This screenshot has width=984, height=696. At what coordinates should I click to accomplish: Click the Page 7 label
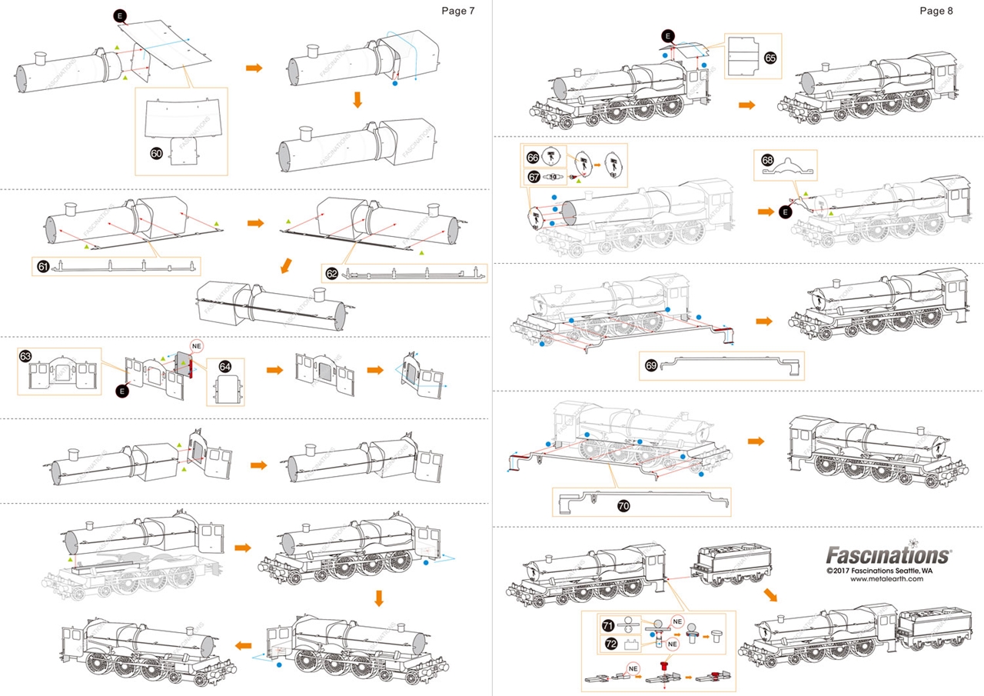click(x=457, y=11)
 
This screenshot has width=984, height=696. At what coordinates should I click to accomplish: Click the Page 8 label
click(x=936, y=11)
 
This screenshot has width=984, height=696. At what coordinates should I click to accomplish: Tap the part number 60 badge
click(x=156, y=154)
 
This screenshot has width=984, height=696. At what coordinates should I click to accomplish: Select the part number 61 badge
click(x=43, y=267)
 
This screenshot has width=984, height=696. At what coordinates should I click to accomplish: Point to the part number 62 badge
click(x=331, y=273)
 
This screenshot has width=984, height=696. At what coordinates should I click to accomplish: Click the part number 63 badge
click(x=25, y=356)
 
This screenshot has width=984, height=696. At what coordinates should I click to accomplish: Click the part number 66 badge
click(x=532, y=156)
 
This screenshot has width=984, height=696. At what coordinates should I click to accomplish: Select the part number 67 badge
click(x=532, y=176)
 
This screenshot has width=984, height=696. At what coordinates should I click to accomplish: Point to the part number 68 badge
click(x=766, y=160)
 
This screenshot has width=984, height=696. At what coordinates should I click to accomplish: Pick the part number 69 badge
click(x=651, y=366)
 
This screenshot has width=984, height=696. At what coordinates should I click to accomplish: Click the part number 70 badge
click(x=623, y=505)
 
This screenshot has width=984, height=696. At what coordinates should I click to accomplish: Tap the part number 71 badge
click(x=607, y=625)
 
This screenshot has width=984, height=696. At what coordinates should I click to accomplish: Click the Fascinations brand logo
click(x=888, y=554)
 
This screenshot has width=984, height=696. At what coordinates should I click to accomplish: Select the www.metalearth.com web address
click(x=886, y=580)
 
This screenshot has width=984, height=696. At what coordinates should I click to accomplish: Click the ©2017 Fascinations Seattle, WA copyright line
click(x=879, y=571)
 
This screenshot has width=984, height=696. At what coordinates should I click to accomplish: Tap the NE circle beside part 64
click(x=196, y=345)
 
